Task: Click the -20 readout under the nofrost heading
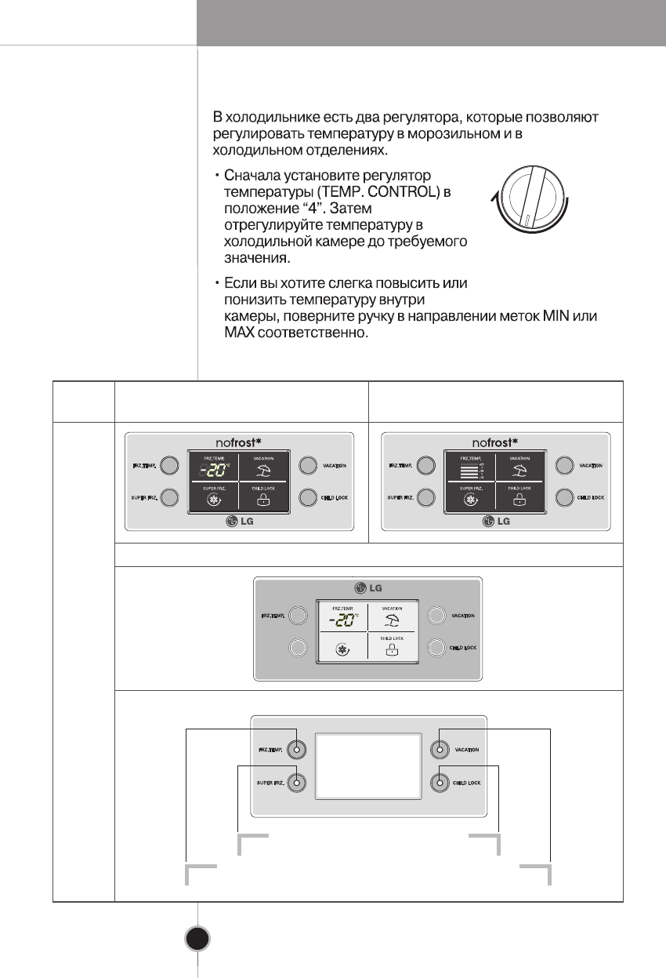coord(212,471)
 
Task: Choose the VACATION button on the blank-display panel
coord(440,750)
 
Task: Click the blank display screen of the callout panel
coord(367,765)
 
